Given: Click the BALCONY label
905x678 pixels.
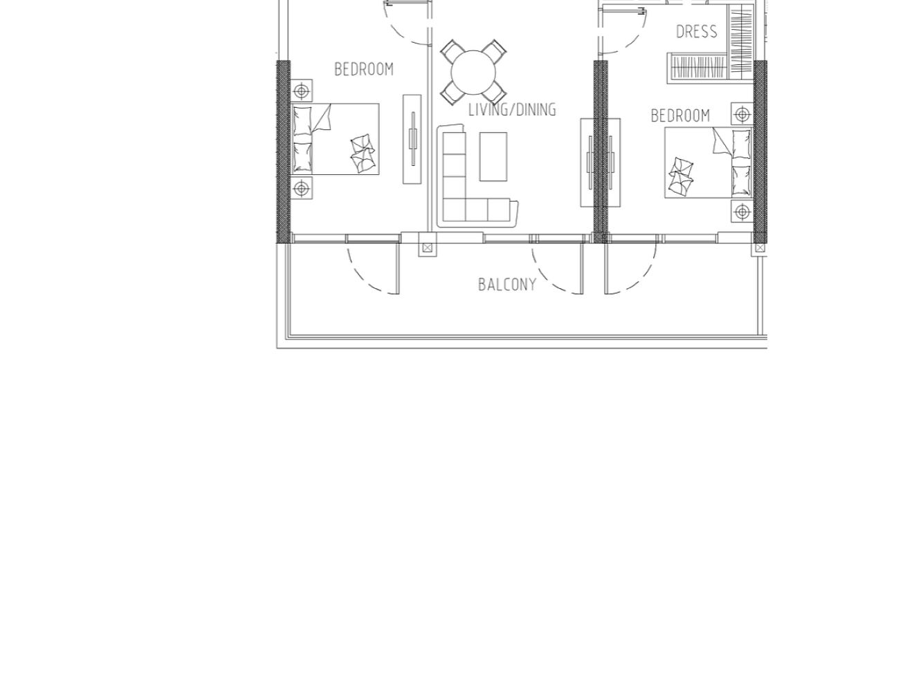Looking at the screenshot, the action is [507, 285].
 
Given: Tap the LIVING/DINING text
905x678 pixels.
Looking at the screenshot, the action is [512, 110].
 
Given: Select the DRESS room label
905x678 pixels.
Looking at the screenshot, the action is [696, 32].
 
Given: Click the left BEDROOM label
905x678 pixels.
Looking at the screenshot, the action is [364, 70].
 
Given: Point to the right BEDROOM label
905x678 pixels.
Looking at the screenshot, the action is [680, 115].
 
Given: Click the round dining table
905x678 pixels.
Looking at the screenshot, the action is [473, 73].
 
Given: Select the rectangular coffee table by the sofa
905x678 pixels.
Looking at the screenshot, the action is [493, 157].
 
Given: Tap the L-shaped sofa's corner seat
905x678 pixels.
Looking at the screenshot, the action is [455, 210].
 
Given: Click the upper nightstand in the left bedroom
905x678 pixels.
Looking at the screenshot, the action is [302, 91].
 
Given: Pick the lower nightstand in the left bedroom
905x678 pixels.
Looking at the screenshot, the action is [302, 189].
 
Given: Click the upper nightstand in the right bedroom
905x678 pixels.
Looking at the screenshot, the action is [742, 114].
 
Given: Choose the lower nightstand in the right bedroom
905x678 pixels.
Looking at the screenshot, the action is [742, 211].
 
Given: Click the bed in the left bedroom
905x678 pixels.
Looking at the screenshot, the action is [335, 139].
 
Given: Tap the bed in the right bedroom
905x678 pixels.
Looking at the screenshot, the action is [709, 162].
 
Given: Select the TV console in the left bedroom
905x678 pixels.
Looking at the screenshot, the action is [412, 139].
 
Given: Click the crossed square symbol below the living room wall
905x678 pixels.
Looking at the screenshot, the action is [428, 247].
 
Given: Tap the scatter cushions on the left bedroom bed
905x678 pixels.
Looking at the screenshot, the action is [363, 153].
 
